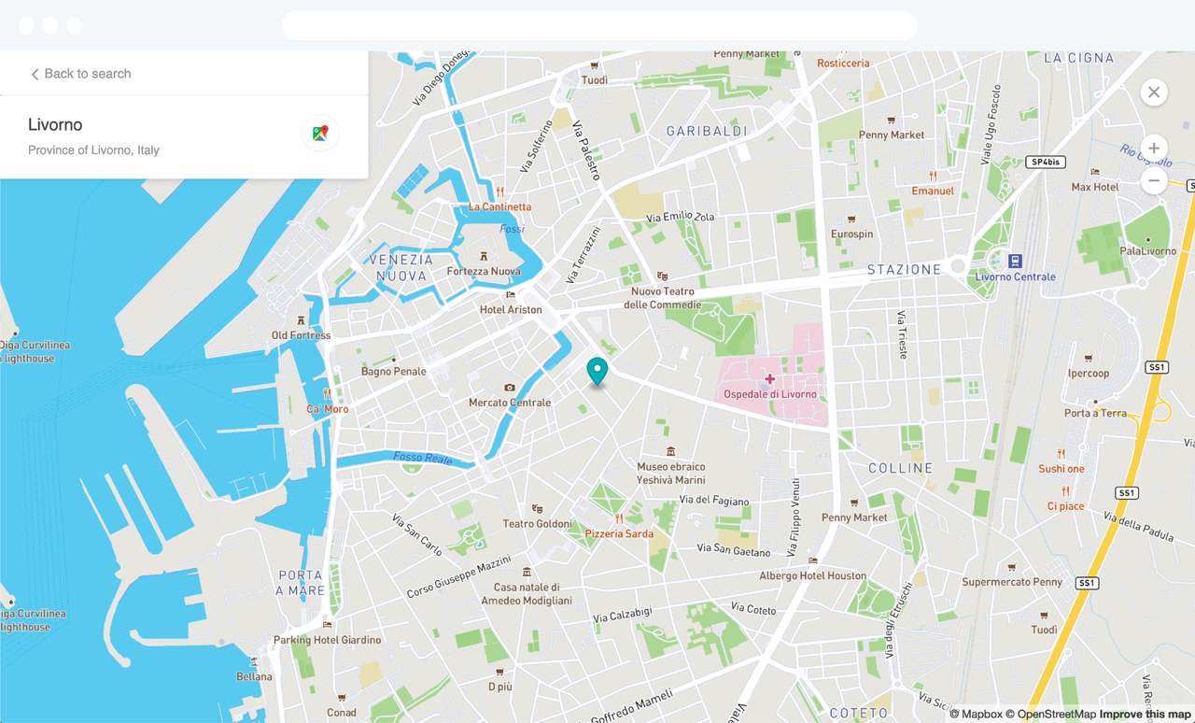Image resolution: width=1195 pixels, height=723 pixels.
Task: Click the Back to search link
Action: pyautogui.click(x=81, y=74)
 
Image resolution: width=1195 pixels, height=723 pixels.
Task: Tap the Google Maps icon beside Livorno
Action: pyautogui.click(x=320, y=134)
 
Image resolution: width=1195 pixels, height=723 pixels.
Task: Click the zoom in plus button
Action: pyautogui.click(x=1154, y=149)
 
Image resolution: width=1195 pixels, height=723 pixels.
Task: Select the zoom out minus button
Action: pyautogui.click(x=1154, y=180)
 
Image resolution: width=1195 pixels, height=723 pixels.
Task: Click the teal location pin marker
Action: pyautogui.click(x=597, y=371)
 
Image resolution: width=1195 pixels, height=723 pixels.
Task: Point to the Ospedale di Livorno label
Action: pyautogui.click(x=770, y=394)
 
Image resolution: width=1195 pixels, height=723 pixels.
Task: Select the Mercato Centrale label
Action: pyautogui.click(x=510, y=403)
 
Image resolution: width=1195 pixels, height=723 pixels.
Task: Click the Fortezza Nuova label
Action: pyautogui.click(x=484, y=271)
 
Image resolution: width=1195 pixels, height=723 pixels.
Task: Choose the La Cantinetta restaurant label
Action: pyautogui.click(x=499, y=206)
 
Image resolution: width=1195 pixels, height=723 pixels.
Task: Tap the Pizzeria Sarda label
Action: pyautogui.click(x=619, y=533)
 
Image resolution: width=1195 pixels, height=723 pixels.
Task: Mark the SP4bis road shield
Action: pyautogui.click(x=1045, y=163)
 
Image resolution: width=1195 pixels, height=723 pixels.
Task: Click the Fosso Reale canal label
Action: pyautogui.click(x=423, y=458)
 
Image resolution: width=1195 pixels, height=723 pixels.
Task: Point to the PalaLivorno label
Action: pyautogui.click(x=1148, y=250)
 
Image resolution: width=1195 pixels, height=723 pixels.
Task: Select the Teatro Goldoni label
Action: pyautogui.click(x=537, y=523)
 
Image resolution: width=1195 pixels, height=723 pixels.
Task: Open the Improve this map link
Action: pyautogui.click(x=1145, y=715)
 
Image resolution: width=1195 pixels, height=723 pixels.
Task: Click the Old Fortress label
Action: pyautogui.click(x=301, y=335)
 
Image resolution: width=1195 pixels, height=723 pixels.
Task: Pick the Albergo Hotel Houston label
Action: pyautogui.click(x=812, y=575)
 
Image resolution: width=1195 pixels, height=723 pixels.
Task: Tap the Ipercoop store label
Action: pyautogui.click(x=1089, y=373)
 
